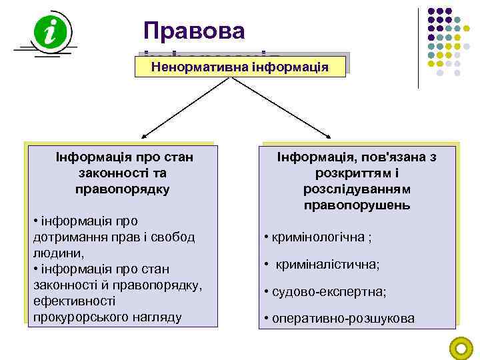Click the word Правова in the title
194,30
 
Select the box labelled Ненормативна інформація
241,67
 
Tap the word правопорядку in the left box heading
123,189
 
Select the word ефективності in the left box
68,301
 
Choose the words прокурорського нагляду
107,317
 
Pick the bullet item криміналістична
327,265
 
